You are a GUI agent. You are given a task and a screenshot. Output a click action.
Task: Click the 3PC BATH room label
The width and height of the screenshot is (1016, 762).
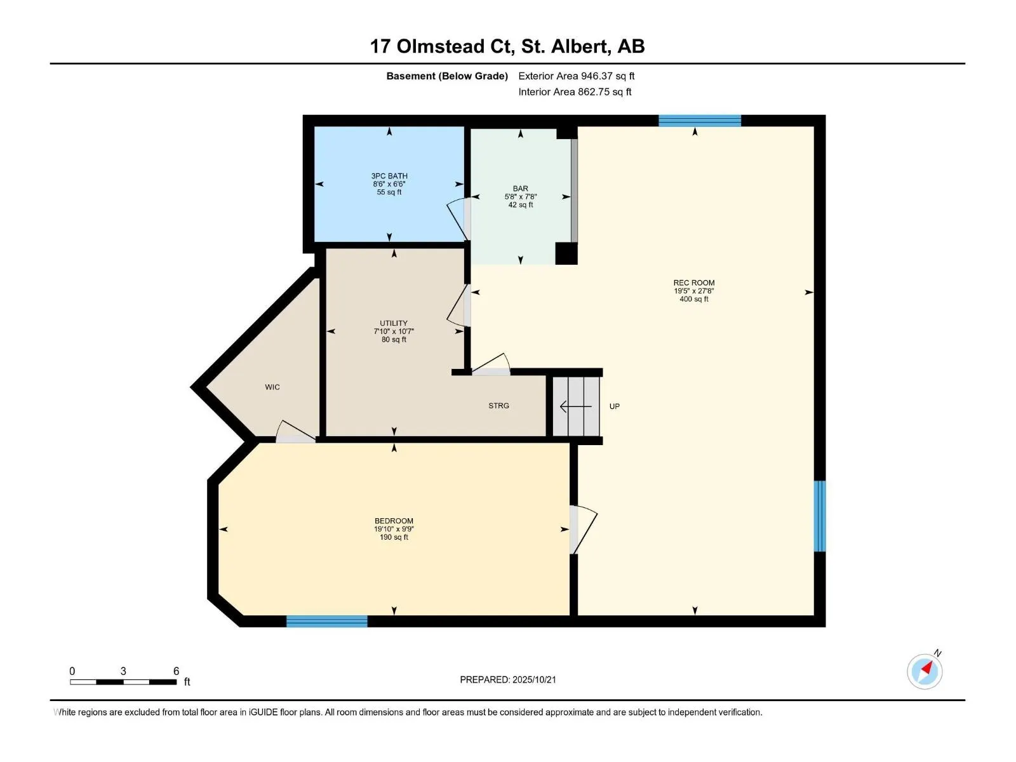pos(389,176)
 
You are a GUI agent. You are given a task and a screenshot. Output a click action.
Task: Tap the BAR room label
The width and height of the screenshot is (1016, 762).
pos(520,189)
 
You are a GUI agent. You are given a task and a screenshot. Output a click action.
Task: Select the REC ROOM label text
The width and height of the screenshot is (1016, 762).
pos(694,283)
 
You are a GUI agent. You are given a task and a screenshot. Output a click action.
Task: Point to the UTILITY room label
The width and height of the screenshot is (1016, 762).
pos(394,323)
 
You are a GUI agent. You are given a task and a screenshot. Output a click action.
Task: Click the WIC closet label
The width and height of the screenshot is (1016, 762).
pos(272,387)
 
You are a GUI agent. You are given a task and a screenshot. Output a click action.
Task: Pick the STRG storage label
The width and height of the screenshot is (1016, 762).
pos(498,405)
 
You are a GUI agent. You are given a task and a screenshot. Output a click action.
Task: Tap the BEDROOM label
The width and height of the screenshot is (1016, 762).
pos(394,521)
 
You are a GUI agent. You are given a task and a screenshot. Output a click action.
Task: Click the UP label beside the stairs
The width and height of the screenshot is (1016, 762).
pos(614,406)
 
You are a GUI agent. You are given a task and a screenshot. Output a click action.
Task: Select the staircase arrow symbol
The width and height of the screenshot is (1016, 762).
pos(575,406)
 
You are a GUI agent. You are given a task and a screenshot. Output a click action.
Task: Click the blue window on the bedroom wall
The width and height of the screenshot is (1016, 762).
pos(327,621)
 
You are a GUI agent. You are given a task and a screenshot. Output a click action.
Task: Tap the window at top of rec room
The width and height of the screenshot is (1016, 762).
pos(699,121)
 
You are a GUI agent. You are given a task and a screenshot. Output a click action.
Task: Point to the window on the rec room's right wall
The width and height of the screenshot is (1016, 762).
pos(819,516)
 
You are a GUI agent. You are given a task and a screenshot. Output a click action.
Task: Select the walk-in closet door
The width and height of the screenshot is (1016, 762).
pos(296,431)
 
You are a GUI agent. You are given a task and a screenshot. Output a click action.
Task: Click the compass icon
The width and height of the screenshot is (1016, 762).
pos(925,671)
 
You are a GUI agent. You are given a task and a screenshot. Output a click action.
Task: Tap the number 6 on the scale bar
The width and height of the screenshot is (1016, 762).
pos(176,671)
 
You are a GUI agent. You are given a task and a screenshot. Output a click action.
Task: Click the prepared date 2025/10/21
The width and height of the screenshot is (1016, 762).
pos(533,679)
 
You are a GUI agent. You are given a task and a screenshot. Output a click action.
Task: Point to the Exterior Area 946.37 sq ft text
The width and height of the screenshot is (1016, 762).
pos(577,76)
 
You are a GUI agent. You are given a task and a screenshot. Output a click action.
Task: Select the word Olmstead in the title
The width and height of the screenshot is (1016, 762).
pos(434,46)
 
